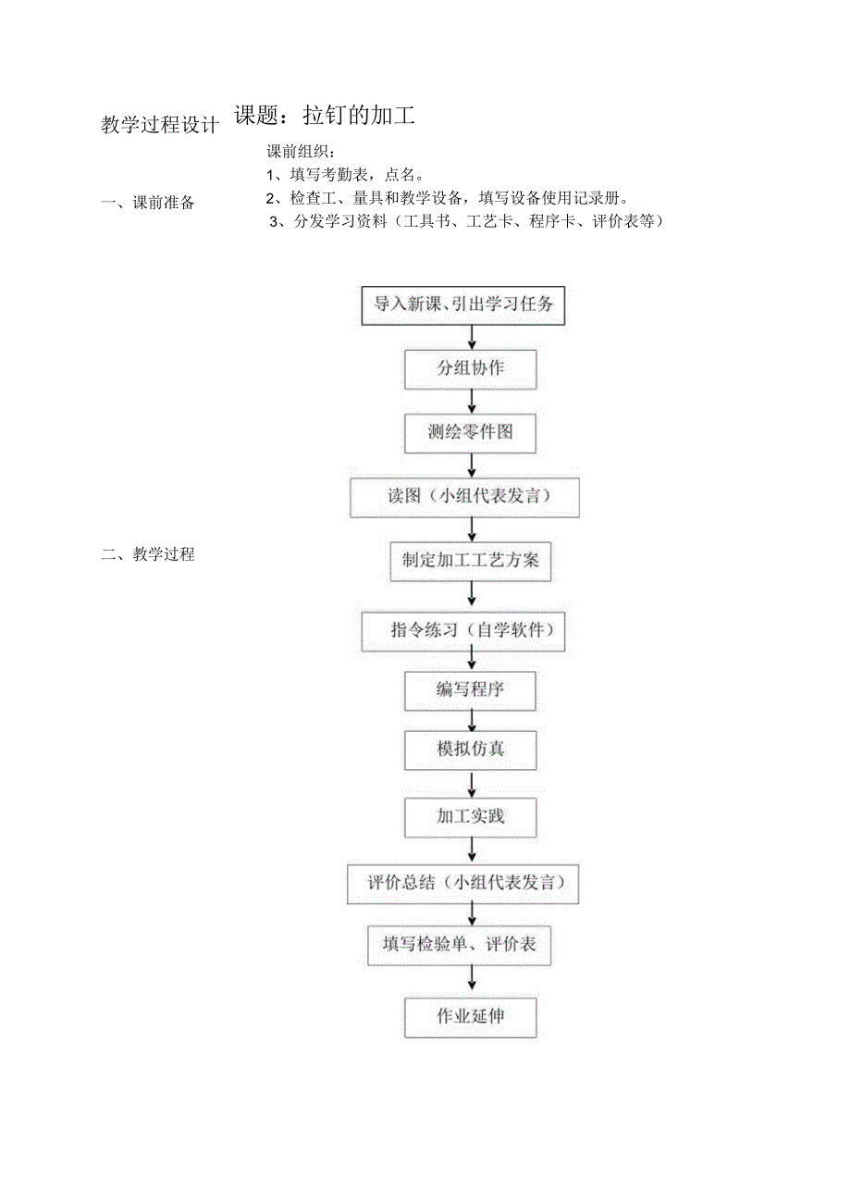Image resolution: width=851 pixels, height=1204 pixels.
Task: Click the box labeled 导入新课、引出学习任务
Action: (462, 305)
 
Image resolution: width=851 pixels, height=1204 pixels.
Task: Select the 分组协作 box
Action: (471, 368)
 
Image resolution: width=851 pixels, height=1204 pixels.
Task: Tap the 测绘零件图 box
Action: (471, 432)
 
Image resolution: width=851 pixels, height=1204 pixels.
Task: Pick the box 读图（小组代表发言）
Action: (464, 497)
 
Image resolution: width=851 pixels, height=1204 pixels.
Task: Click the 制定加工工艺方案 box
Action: (471, 561)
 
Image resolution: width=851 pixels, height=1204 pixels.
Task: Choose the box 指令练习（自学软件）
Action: (463, 632)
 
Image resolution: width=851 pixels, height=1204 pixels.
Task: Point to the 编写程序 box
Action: (471, 690)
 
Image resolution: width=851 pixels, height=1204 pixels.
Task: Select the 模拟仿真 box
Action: (471, 750)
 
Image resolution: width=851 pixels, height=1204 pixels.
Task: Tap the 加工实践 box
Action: (471, 817)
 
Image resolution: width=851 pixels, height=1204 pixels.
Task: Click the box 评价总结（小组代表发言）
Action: (463, 884)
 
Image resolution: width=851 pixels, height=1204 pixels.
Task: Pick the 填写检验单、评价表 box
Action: (460, 946)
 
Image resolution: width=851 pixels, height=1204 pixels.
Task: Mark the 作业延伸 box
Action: (471, 1016)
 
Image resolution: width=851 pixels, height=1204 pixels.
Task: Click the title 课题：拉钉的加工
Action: (325, 116)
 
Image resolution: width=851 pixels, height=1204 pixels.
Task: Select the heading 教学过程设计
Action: (160, 125)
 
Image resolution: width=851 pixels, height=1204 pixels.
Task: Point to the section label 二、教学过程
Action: (149, 555)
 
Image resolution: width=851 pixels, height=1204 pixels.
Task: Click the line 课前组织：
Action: (302, 153)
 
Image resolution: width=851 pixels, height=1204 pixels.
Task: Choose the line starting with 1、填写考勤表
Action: (345, 175)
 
